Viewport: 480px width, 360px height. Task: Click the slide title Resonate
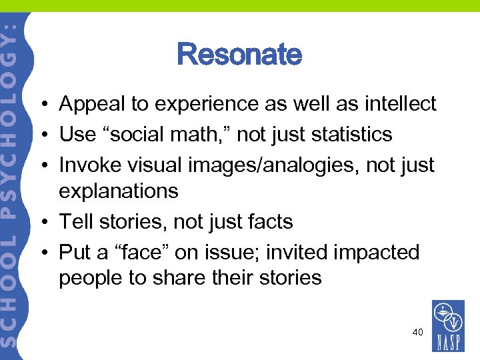(x=239, y=55)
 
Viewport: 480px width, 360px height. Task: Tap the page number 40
(x=417, y=331)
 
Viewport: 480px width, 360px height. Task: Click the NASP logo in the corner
(x=448, y=326)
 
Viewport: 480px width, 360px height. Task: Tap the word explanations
(x=118, y=191)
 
